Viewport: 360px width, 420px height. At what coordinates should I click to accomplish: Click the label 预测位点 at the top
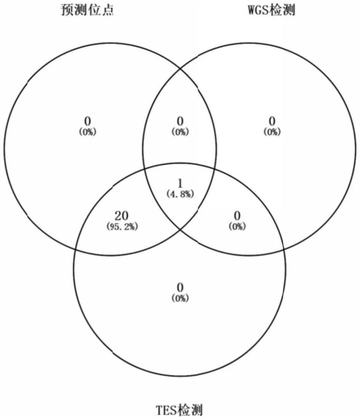[x=87, y=10]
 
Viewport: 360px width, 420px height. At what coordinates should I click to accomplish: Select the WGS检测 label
[x=271, y=10]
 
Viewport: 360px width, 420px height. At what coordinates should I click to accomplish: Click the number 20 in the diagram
[x=121, y=217]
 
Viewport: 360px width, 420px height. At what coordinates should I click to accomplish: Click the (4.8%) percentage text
[x=180, y=194]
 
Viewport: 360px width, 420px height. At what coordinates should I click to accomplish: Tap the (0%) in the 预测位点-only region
[x=88, y=132]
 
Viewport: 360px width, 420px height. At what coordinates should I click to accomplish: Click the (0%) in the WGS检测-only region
[x=272, y=132]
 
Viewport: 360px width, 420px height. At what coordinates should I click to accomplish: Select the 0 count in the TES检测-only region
[x=180, y=288]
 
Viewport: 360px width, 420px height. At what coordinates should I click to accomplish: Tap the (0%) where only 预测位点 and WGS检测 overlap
[x=180, y=132]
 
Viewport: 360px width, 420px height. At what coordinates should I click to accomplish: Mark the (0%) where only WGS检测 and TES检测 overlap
[x=237, y=226]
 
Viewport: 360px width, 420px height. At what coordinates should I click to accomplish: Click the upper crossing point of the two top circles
[x=180, y=68]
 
